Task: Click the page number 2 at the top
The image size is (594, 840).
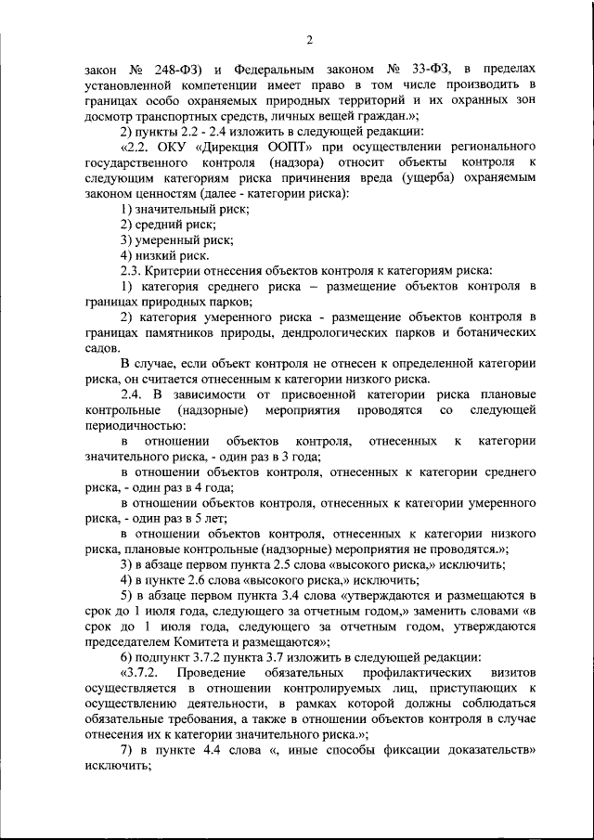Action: coord(310,38)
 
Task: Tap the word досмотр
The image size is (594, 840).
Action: coord(110,116)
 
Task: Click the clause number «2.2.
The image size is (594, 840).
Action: coord(136,148)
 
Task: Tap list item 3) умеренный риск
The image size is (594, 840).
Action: coord(174,240)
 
